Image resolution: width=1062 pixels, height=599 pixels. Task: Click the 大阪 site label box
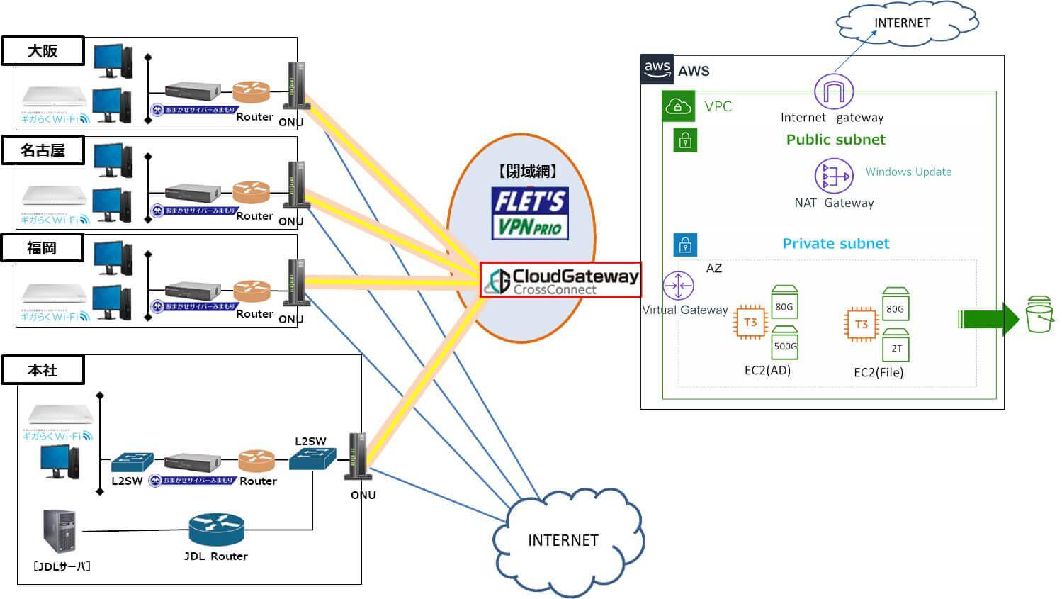pyautogui.click(x=43, y=51)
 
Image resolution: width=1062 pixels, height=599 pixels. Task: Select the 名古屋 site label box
pyautogui.click(x=43, y=150)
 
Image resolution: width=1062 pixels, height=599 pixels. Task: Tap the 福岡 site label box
pyautogui.click(x=43, y=248)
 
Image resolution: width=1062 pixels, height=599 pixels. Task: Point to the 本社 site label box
pyautogui.click(x=43, y=370)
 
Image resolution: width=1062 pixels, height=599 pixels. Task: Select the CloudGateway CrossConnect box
pyautogui.click(x=560, y=280)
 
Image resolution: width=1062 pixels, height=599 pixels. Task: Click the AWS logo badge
pyautogui.click(x=657, y=69)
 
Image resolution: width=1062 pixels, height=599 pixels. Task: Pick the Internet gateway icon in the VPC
pyautogui.click(x=833, y=92)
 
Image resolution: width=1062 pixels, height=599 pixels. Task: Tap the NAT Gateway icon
pyautogui.click(x=833, y=175)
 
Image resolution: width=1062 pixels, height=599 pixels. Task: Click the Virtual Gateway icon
pyautogui.click(x=678, y=286)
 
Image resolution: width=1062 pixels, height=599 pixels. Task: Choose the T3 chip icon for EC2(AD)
pyautogui.click(x=750, y=323)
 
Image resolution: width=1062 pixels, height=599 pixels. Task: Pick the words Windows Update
pyautogui.click(x=908, y=172)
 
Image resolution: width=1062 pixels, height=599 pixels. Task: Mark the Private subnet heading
pyautogui.click(x=835, y=244)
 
